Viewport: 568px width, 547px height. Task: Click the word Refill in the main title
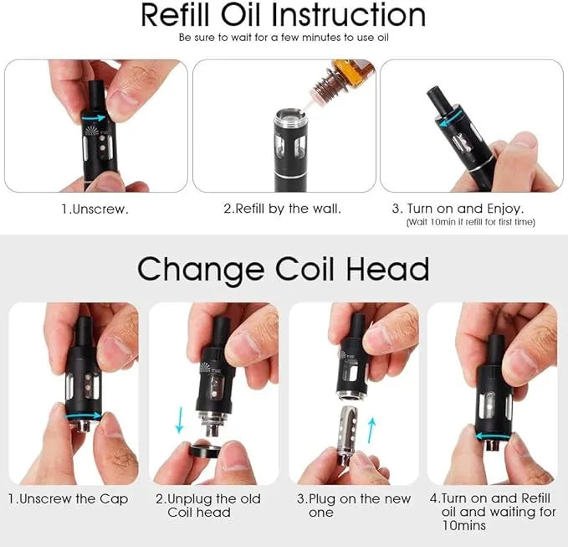click(175, 15)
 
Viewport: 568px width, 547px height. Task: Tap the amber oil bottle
click(353, 72)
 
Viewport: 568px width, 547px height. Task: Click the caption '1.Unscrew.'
click(95, 209)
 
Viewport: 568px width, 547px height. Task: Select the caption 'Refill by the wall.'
click(288, 209)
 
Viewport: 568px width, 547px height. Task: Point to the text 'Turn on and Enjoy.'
click(465, 209)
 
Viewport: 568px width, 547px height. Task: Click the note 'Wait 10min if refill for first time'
click(471, 222)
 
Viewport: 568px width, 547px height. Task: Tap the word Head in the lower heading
click(387, 269)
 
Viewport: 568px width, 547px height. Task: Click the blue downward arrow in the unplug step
click(179, 420)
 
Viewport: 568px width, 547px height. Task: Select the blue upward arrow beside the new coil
click(371, 431)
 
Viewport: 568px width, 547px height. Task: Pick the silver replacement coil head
click(347, 436)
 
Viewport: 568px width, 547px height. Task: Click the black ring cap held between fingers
click(206, 451)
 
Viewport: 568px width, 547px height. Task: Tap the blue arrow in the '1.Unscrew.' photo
click(94, 118)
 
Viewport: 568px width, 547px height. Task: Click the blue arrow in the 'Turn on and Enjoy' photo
click(451, 118)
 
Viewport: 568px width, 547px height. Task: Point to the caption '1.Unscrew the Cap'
click(68, 499)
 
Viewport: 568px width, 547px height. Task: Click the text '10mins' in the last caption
click(464, 525)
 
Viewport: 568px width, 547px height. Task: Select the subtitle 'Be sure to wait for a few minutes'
click(260, 38)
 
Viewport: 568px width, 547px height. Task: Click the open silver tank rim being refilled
click(290, 116)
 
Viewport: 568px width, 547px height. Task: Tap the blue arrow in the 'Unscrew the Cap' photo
click(84, 415)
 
